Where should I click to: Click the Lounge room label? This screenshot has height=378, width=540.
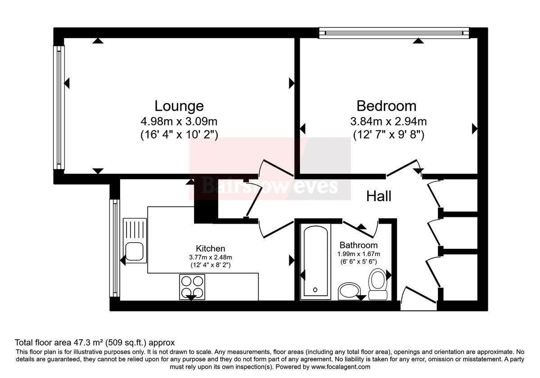(x=179, y=106)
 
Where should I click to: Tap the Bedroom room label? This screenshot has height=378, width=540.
(x=386, y=106)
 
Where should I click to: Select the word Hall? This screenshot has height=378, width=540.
(x=378, y=196)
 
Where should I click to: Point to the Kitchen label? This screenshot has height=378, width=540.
(x=210, y=248)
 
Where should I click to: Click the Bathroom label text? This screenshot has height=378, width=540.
(x=358, y=245)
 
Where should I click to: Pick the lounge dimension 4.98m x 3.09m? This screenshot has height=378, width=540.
(x=179, y=121)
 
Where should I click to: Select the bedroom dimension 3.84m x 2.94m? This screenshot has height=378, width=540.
(x=388, y=121)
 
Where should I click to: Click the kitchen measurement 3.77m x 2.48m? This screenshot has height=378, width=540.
(x=210, y=257)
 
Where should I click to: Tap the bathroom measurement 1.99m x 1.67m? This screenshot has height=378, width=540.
(x=358, y=254)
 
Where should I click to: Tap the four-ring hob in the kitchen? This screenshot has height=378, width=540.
(x=191, y=287)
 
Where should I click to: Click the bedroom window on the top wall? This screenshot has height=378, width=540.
(x=394, y=32)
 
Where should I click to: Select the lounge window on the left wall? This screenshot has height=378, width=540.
(x=58, y=108)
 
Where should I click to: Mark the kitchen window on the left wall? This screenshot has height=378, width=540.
(x=115, y=248)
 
